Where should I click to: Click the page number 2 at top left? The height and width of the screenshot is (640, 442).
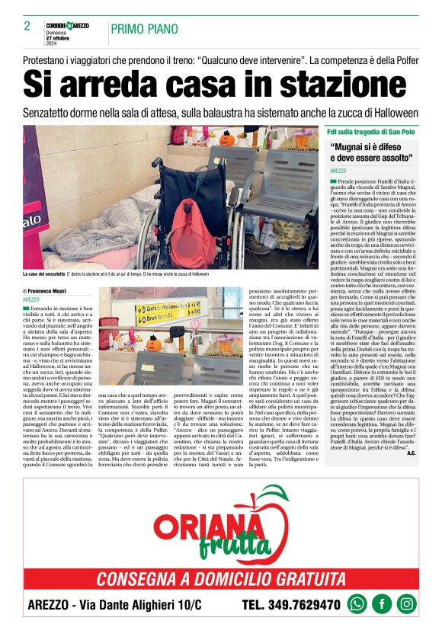(27, 26)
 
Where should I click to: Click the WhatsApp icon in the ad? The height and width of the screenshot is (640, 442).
(357, 604)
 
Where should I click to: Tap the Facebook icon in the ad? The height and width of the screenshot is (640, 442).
(382, 604)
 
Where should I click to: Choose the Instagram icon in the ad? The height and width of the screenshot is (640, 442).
(407, 604)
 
